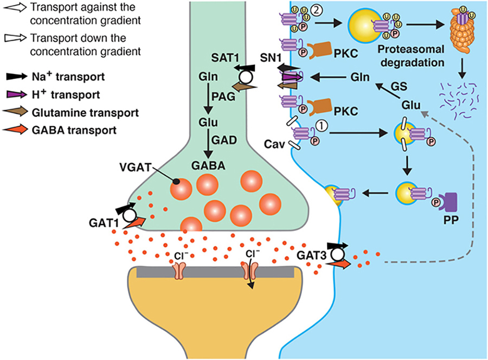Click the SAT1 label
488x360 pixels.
coord(225,58)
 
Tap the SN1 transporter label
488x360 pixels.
coord(271,58)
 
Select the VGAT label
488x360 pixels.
coord(135,168)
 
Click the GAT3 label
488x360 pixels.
coord(312,255)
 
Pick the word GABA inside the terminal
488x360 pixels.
coord(208,165)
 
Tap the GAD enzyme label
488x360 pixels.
coord(224,140)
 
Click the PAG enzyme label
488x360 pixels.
coord(223,97)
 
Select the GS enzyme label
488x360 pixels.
coord(399,86)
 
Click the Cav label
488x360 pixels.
coord(274,144)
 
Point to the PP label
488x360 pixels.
coord(451,220)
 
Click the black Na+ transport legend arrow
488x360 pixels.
coord(16,76)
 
